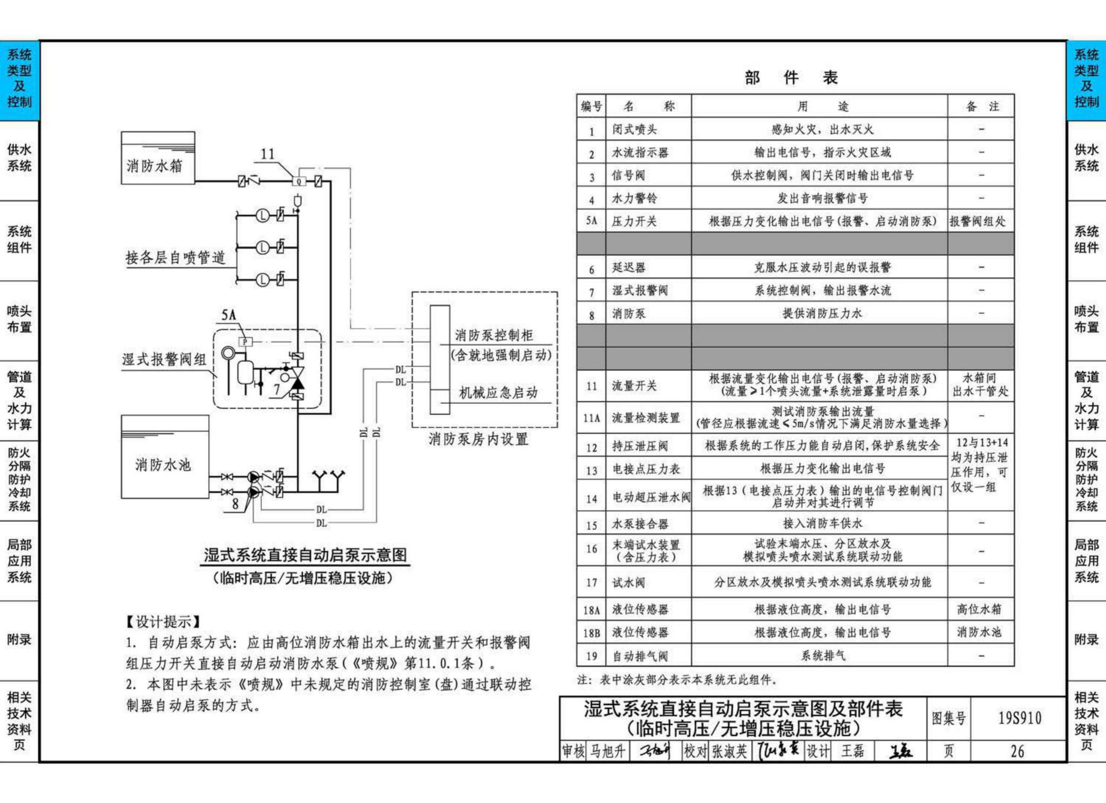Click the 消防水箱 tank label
(x=155, y=166)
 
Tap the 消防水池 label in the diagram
(x=163, y=465)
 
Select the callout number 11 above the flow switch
(x=268, y=154)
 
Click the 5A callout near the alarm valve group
(x=229, y=314)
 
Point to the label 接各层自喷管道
(x=176, y=257)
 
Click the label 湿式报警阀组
(x=164, y=359)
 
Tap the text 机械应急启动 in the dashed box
(x=498, y=393)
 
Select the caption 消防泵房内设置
(x=478, y=439)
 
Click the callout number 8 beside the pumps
(x=235, y=504)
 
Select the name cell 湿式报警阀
(x=640, y=290)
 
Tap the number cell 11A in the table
(x=592, y=418)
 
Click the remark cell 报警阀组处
(x=978, y=221)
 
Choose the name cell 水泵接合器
(x=640, y=524)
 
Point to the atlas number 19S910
(x=1019, y=718)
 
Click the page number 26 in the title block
(x=1017, y=751)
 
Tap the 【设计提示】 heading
(x=163, y=621)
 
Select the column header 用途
(x=822, y=107)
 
